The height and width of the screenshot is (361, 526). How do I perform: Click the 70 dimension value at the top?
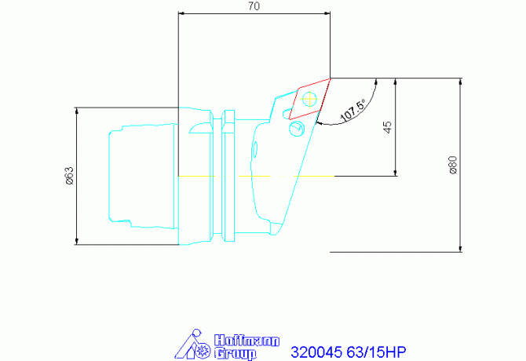coord(254,6)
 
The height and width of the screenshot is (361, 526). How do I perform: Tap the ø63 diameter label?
coord(69,176)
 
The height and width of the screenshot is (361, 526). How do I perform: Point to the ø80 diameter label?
coord(452,165)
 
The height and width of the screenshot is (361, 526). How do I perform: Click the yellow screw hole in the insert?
coord(309,98)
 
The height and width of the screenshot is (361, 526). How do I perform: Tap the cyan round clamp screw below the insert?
coord(296,128)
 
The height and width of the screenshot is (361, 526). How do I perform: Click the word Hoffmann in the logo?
coord(236,341)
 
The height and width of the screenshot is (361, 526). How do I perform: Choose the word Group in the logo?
coord(235,354)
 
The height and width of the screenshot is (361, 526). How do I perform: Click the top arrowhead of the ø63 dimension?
coord(76,111)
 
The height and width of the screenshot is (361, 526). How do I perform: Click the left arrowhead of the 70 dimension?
coord(183,13)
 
